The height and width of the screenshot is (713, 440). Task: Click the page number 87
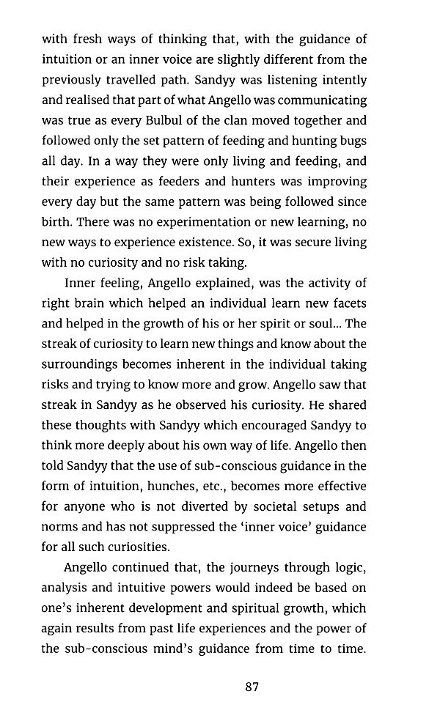[252, 687]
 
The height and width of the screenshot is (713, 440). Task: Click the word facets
[348, 303]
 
